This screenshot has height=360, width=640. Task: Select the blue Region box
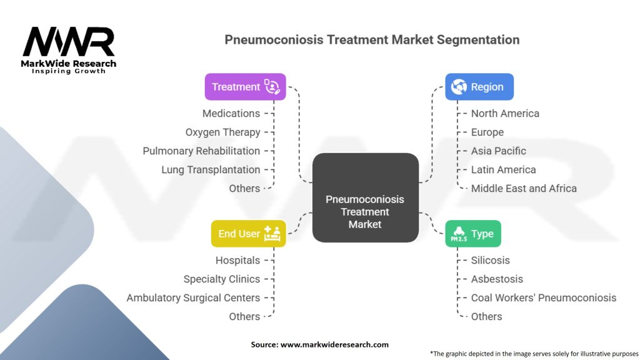[x=479, y=87]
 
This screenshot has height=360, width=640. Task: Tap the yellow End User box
[x=248, y=234]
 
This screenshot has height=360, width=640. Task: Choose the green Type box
[x=472, y=234]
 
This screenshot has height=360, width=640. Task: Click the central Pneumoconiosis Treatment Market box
[x=365, y=197]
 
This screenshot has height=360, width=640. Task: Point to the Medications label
[x=231, y=113]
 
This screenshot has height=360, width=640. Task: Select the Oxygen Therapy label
[x=222, y=132]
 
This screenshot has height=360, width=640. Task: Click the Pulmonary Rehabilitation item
[x=201, y=151]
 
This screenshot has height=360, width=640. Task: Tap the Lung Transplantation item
[x=211, y=169]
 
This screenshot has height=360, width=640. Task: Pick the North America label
[x=505, y=113]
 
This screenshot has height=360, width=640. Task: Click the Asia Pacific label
[x=499, y=151]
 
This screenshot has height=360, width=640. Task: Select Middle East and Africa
[x=524, y=188]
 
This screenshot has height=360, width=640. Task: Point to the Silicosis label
[x=491, y=260]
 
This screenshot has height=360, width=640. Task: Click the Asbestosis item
[x=497, y=279]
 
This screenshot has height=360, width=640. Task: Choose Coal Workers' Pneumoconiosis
[x=544, y=297]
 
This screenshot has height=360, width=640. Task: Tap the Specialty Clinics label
[x=222, y=279]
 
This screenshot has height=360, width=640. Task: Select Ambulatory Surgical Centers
[x=193, y=297]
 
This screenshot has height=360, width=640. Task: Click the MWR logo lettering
[x=69, y=42]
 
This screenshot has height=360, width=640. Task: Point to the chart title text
[x=372, y=40]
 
